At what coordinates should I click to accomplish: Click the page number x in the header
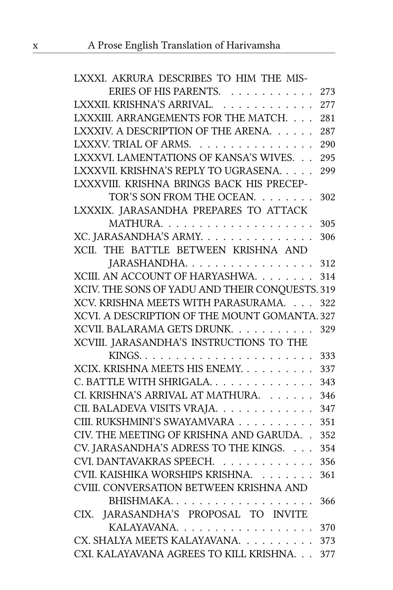tap(35, 46)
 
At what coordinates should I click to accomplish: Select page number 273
tap(327, 92)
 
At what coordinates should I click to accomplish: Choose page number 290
tap(327, 145)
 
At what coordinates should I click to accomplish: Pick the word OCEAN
tap(236, 197)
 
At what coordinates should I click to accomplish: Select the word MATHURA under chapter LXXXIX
tap(136, 224)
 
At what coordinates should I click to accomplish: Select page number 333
tap(327, 356)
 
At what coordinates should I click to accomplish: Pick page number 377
tap(327, 554)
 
